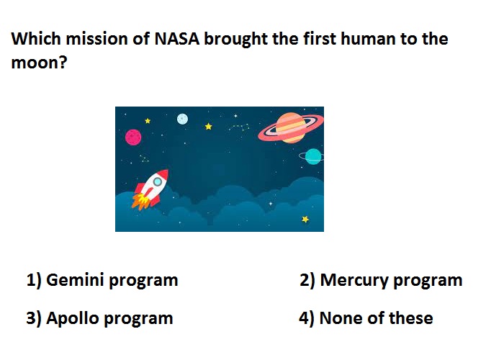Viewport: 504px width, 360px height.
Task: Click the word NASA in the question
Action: click(x=177, y=39)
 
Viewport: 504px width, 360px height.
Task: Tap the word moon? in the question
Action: click(x=39, y=63)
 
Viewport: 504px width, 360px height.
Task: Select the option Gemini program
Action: click(x=102, y=280)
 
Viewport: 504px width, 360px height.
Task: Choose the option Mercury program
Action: click(x=381, y=280)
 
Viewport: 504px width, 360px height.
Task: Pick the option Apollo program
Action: click(x=99, y=318)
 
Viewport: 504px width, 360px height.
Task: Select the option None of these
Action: click(x=366, y=318)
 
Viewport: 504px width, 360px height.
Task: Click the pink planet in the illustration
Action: click(x=133, y=138)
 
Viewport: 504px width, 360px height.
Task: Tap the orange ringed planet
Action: click(x=291, y=127)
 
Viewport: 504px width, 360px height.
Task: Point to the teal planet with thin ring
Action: click(x=312, y=156)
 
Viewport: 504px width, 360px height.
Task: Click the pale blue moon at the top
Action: click(x=182, y=119)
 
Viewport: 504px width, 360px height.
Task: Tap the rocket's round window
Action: click(x=157, y=182)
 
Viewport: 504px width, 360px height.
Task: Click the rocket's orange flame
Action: click(x=140, y=202)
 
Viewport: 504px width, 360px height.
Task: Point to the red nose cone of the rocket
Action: click(x=163, y=174)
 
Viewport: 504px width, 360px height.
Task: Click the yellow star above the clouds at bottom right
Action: click(x=305, y=219)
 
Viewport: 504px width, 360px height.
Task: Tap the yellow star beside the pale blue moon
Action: click(x=208, y=126)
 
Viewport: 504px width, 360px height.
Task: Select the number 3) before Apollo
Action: click(x=34, y=318)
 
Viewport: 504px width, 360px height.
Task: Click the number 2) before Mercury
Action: click(x=307, y=280)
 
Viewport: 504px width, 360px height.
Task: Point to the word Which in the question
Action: click(x=36, y=39)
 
